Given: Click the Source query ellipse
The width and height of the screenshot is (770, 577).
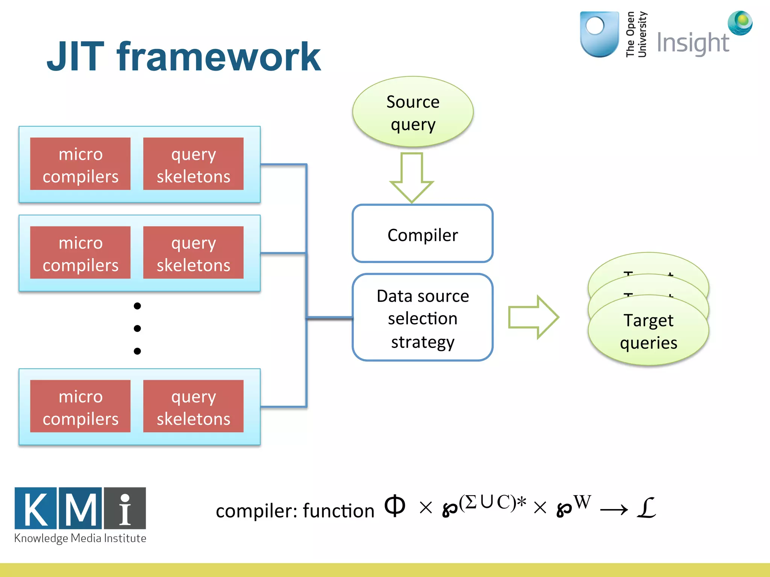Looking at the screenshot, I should (412, 112).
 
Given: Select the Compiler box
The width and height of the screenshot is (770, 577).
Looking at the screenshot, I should (422, 234).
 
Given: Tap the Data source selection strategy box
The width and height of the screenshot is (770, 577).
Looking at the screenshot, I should (422, 317).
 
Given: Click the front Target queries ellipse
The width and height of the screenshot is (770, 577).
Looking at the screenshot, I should (648, 331).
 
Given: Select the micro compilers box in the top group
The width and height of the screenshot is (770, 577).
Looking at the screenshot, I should (80, 164).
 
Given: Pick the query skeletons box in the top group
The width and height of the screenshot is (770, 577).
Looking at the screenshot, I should (193, 164).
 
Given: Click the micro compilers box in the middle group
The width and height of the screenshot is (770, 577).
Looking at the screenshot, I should (80, 252).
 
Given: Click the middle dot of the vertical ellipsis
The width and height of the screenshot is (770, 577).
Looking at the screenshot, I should (137, 329).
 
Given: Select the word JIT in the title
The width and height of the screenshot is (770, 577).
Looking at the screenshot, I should (75, 57).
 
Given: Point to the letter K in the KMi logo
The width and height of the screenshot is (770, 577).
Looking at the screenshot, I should (36, 508).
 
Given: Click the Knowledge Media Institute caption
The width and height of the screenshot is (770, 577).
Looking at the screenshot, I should (80, 538).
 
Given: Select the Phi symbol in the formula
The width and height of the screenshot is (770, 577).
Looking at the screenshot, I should (395, 506).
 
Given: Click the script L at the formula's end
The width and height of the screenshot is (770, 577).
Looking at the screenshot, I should (646, 508).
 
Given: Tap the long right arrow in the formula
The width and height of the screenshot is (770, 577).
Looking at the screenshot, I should (614, 510).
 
